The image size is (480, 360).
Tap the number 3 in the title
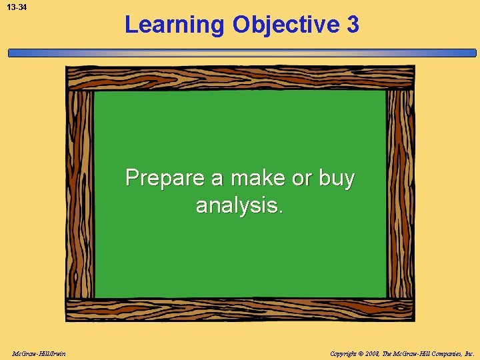coord(353,25)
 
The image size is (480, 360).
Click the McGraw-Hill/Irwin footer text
coord(38,353)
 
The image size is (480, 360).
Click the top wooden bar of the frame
coord(240,77)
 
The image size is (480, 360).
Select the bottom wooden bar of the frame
coord(240,309)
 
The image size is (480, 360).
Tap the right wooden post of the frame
coord(400,193)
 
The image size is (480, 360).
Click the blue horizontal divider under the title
coord(240,53)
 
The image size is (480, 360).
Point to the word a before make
coord(217,179)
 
